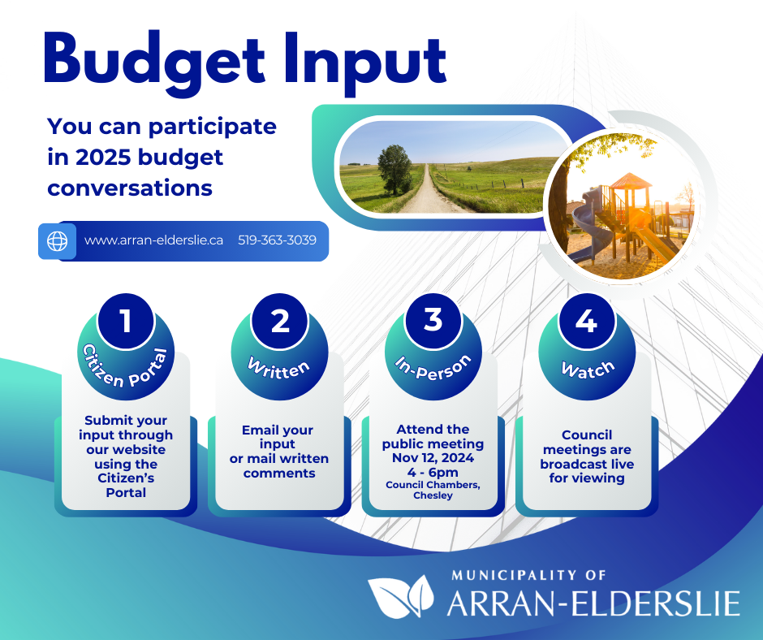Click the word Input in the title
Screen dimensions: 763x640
point(365,63)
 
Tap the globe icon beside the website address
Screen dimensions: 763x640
point(57,241)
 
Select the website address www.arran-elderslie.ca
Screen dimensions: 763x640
point(153,240)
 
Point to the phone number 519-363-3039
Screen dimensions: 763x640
point(277,240)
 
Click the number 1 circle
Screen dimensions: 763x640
point(126,321)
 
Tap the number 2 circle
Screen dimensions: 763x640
point(280,321)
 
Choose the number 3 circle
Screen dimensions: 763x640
point(433,321)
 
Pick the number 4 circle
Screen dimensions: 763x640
point(587,321)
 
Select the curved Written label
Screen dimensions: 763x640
point(279,370)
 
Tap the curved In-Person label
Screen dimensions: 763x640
point(433,369)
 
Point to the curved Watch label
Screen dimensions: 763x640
point(588,370)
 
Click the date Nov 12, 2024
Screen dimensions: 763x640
point(433,458)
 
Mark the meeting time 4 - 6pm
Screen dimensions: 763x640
point(433,473)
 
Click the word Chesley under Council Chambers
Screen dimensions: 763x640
point(433,495)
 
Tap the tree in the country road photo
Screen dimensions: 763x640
point(394,170)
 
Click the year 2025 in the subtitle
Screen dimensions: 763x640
point(103,158)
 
